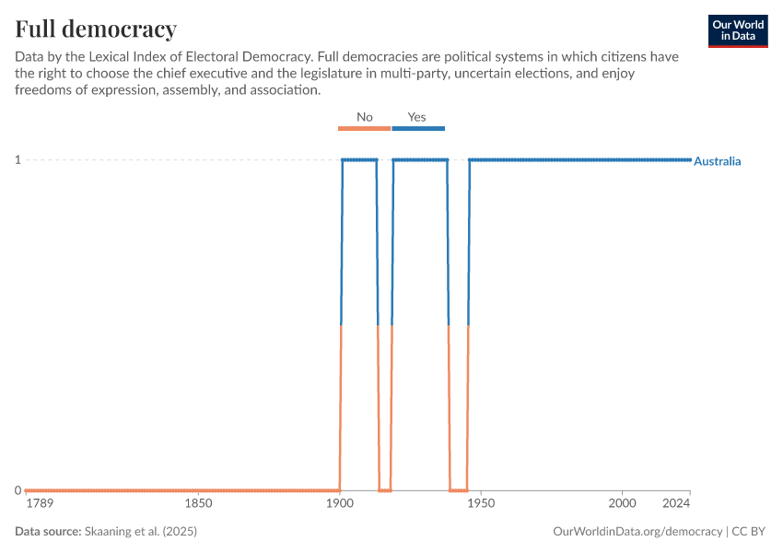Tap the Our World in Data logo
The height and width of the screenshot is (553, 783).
pyautogui.click(x=737, y=30)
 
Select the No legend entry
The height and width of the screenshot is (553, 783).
pyautogui.click(x=365, y=117)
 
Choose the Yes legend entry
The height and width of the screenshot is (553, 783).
pyautogui.click(x=417, y=117)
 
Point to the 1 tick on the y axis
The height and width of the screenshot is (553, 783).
pyautogui.click(x=17, y=160)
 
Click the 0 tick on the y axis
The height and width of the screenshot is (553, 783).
pyautogui.click(x=17, y=490)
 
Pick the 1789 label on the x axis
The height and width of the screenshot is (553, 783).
pyautogui.click(x=40, y=503)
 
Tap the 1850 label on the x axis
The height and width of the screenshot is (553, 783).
pyautogui.click(x=199, y=503)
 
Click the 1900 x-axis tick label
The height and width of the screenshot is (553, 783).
pyautogui.click(x=340, y=503)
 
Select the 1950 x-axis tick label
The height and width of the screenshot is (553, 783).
pyautogui.click(x=481, y=503)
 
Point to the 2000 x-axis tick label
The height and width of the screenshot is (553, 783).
pyautogui.click(x=622, y=503)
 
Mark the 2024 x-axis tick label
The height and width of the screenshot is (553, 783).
pyautogui.click(x=676, y=503)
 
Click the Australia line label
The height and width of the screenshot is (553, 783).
pyautogui.click(x=717, y=161)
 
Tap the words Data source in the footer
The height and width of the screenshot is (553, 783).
pyautogui.click(x=47, y=532)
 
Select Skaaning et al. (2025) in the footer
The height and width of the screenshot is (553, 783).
pyautogui.click(x=141, y=532)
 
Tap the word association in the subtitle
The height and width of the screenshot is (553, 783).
pyautogui.click(x=283, y=90)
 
